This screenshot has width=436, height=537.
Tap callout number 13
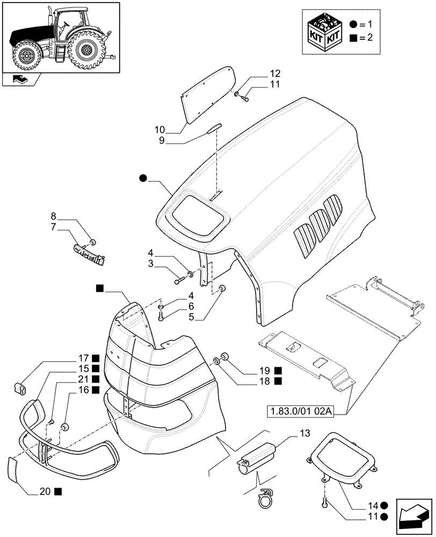[304, 433]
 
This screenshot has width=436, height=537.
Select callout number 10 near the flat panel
[159, 130]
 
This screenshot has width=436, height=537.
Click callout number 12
[275, 73]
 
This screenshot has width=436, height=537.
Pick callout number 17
[83, 358]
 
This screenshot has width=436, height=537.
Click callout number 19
[264, 370]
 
